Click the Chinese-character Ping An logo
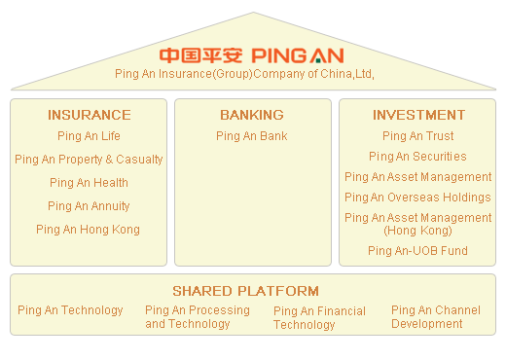(201, 54)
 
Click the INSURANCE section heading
(89, 115)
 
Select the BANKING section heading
(251, 115)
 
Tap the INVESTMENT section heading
(418, 115)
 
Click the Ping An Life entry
(89, 136)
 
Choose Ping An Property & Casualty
(89, 160)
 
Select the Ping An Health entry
(89, 183)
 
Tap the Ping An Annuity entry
(89, 206)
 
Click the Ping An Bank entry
(251, 136)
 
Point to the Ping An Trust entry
(417, 136)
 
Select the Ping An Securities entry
(417, 157)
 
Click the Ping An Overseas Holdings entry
(417, 198)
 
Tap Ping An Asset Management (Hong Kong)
(417, 224)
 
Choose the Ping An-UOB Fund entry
(417, 251)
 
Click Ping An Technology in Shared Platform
(70, 310)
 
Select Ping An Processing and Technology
(197, 317)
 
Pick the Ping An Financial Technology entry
(319, 318)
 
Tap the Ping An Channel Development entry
(435, 317)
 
